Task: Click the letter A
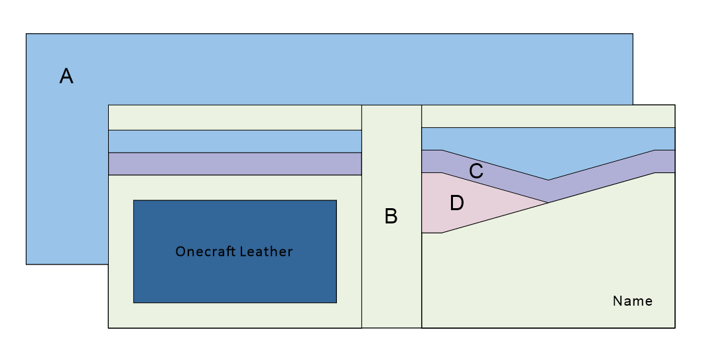point(66,76)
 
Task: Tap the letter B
point(391,216)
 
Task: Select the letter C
point(476,171)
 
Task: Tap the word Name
point(632,301)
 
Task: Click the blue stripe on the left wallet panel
point(235,141)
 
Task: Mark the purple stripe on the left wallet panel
point(235,164)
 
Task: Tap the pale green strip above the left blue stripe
point(235,117)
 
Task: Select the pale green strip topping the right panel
point(548,116)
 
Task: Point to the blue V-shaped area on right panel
point(548,149)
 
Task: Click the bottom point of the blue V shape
point(548,180)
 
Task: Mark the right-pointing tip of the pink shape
point(546,202)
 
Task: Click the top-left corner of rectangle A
point(27,34)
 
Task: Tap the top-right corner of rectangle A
point(632,34)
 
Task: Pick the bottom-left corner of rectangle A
point(27,264)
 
